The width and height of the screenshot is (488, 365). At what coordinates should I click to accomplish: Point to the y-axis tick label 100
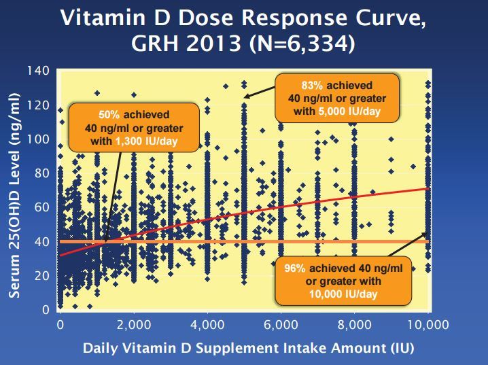tap(40, 139)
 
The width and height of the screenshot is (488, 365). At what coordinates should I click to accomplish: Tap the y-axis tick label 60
tap(43, 207)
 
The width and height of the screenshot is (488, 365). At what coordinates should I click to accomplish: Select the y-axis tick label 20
tap(43, 276)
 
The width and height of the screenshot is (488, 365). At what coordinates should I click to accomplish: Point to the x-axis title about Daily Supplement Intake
tap(248, 347)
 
